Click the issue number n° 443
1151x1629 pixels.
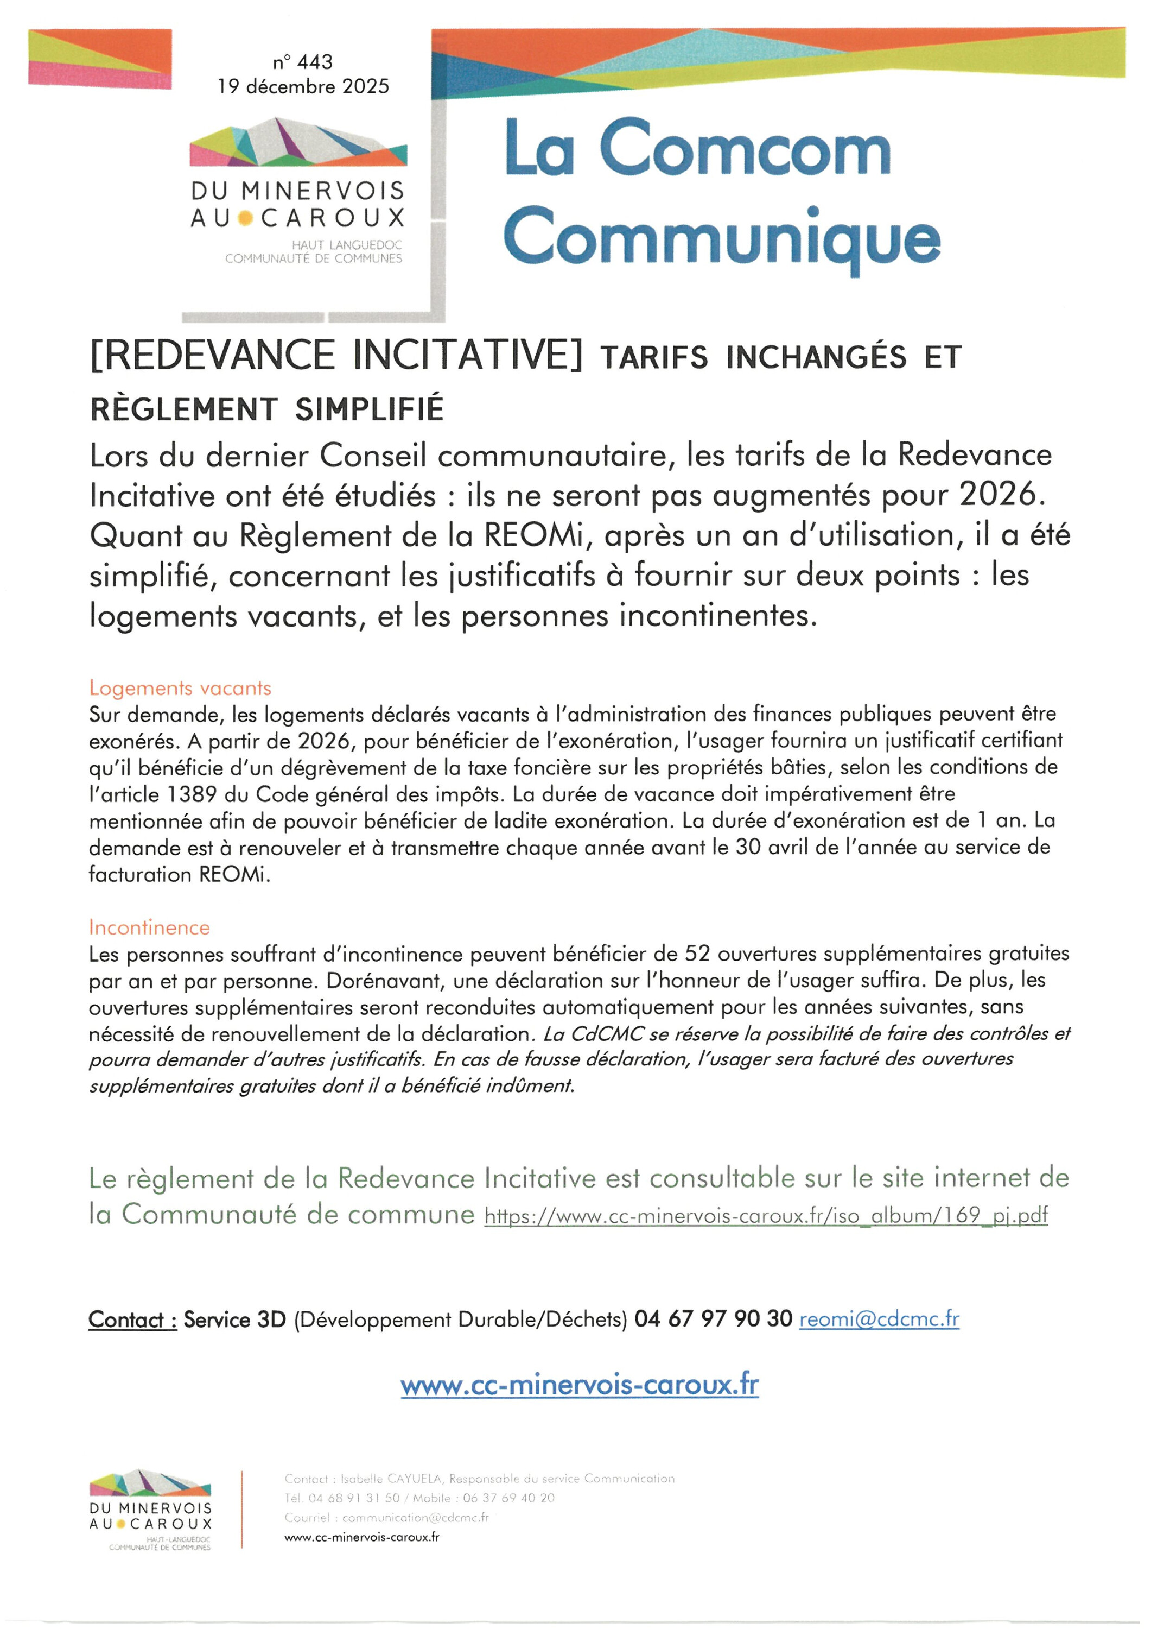click(x=303, y=62)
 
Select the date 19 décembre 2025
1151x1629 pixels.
click(x=303, y=86)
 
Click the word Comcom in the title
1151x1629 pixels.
click(x=745, y=149)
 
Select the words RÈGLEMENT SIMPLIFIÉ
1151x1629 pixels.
click(x=266, y=409)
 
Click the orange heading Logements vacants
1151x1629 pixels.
click(x=180, y=688)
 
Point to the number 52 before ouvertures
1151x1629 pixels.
click(x=697, y=954)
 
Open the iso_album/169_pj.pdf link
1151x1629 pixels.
click(x=766, y=1216)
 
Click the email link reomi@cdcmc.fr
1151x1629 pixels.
click(x=879, y=1319)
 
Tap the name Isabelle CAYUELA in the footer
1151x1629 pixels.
click(x=391, y=1479)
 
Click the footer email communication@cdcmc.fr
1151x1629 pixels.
click(x=415, y=1518)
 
